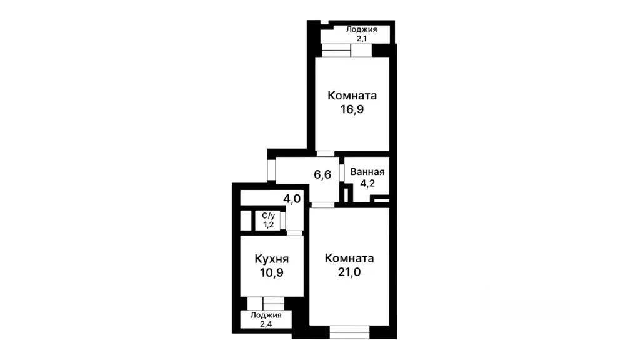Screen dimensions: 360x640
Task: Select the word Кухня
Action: [x=271, y=259]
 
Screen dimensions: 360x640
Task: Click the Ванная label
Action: [x=367, y=172]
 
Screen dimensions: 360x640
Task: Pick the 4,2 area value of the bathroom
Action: [x=367, y=184]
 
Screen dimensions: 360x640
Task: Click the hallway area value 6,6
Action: [x=322, y=174]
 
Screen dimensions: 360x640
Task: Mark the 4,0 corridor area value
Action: [x=292, y=199]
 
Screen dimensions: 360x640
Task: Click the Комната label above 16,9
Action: [x=352, y=96]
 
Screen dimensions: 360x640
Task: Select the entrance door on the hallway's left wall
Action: [x=272, y=169]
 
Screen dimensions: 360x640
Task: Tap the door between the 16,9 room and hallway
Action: [x=325, y=153]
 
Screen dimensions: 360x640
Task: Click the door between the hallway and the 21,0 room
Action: [x=322, y=204]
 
